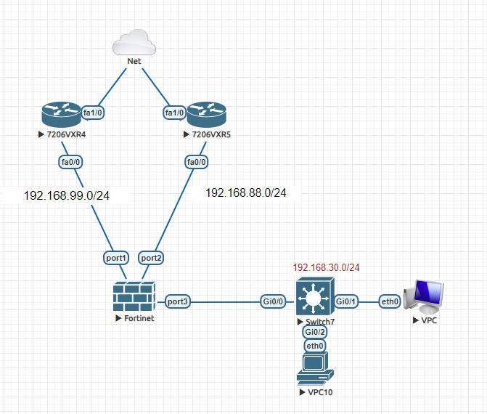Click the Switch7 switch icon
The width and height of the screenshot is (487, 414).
coord(315,298)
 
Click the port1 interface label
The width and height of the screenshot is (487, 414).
coord(117,257)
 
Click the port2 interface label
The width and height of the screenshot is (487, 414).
coord(151,257)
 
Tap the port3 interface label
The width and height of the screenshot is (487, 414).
coord(179,301)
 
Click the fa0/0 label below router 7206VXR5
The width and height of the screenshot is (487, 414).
coord(196,161)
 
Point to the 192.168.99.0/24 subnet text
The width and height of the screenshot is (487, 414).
coord(67,196)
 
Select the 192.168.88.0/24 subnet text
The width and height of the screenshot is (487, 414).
coord(246,193)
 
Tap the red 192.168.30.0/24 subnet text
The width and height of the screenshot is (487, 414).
coord(326,267)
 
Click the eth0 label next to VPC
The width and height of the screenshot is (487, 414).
coord(390,301)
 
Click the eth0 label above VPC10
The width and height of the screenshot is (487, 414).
coord(316,346)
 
